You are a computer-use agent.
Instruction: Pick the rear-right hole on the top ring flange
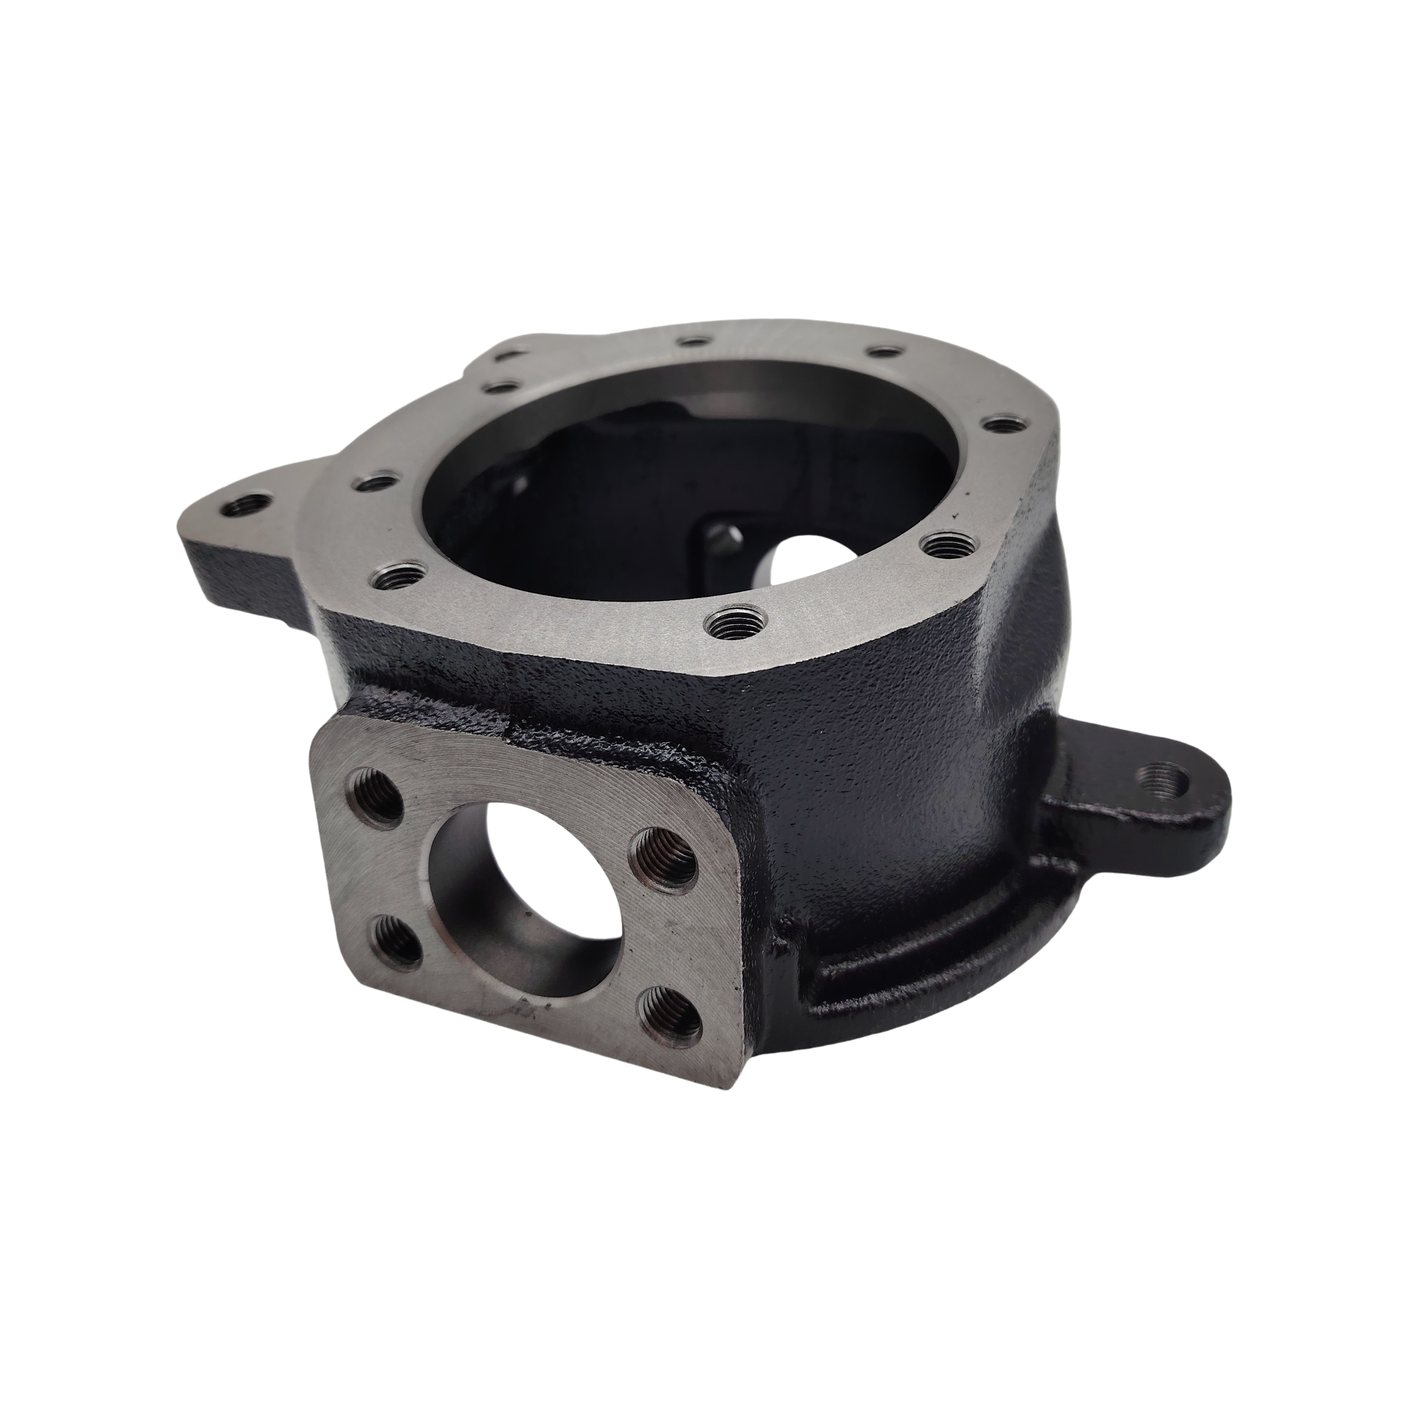885,352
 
